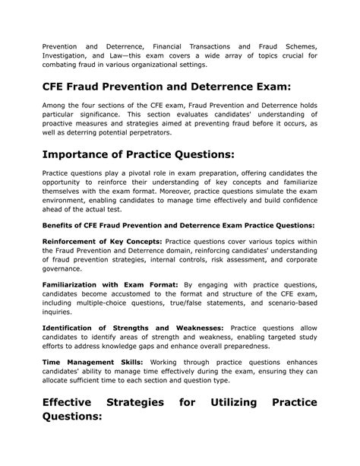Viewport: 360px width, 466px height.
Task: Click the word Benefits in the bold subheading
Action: [58, 226]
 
